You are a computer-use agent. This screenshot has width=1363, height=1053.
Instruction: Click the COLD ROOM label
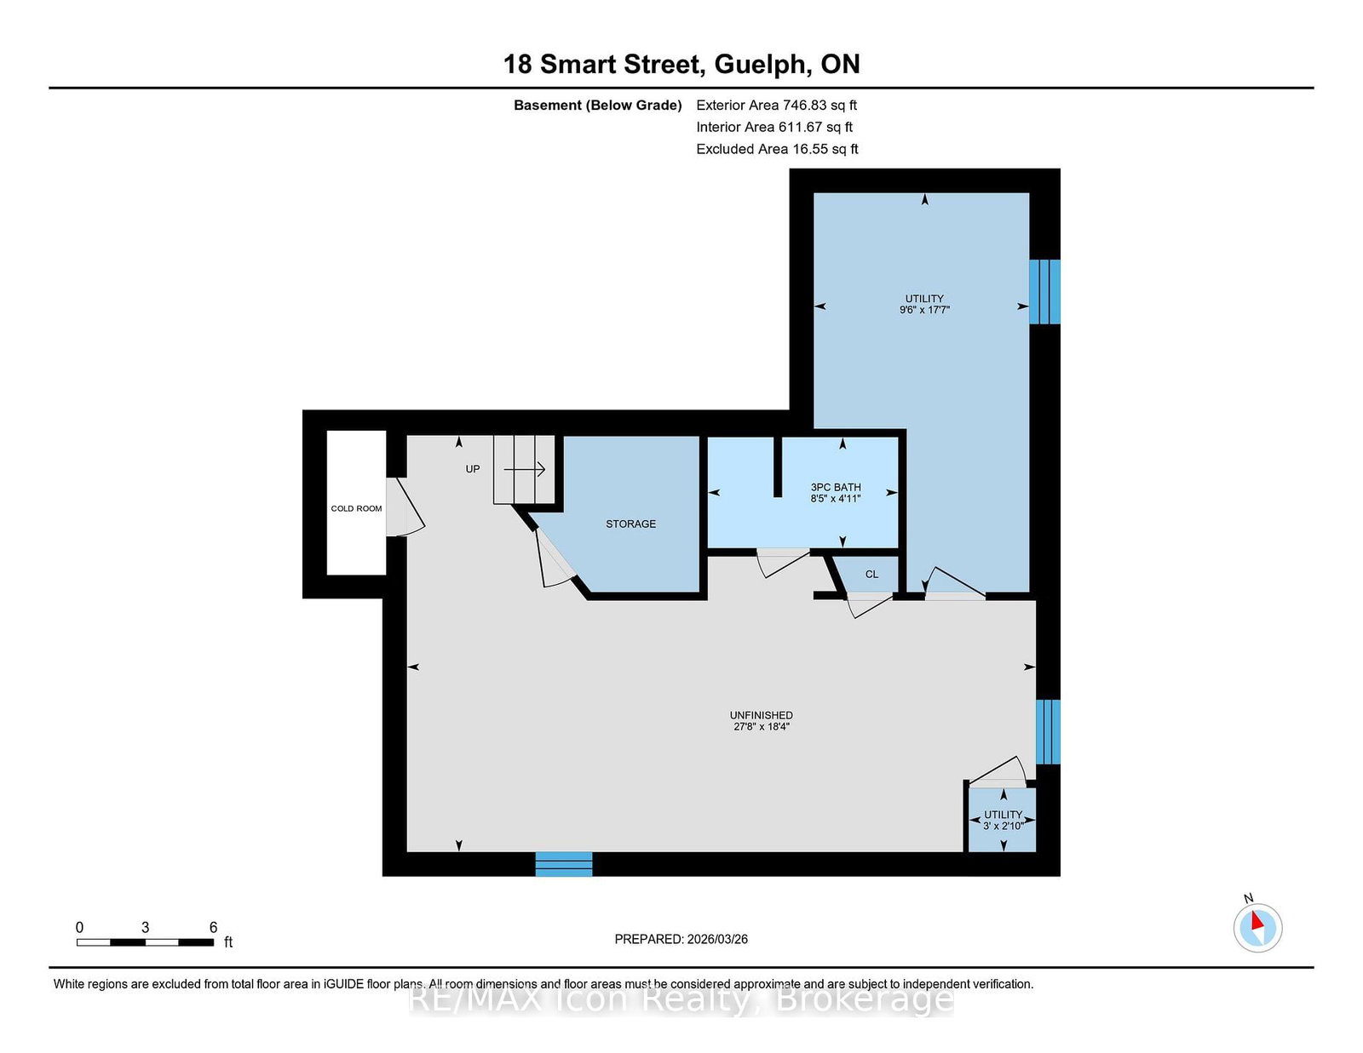tap(356, 508)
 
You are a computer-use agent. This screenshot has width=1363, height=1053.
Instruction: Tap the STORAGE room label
tap(630, 524)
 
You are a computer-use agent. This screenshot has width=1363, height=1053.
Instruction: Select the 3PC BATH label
tap(836, 487)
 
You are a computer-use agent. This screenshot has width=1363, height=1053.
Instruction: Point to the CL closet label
tap(871, 574)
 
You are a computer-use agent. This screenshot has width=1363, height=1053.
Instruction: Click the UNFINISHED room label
tap(761, 715)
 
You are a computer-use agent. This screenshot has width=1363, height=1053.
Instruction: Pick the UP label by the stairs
tap(472, 469)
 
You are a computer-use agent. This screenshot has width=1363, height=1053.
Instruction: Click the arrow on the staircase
tap(525, 469)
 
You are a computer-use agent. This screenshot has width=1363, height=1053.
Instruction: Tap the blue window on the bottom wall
tap(563, 864)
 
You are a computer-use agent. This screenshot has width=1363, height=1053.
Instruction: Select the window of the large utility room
tap(1044, 291)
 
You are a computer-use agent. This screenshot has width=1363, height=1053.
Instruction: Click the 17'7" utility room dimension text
tap(936, 310)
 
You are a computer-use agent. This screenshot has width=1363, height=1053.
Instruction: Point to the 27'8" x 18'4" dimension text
tap(761, 727)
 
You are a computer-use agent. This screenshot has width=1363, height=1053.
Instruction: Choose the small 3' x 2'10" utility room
tap(1002, 819)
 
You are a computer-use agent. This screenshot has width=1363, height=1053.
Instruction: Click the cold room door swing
tap(405, 507)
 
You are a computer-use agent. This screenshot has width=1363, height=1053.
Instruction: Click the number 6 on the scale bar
tap(213, 927)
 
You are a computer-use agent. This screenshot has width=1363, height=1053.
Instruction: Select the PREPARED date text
tap(681, 939)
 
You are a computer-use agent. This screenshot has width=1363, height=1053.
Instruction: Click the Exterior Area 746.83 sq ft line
tap(777, 106)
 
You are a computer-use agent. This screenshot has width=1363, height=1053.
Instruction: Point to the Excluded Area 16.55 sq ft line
tap(777, 149)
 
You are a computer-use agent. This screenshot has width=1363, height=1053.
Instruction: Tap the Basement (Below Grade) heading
tap(598, 106)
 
